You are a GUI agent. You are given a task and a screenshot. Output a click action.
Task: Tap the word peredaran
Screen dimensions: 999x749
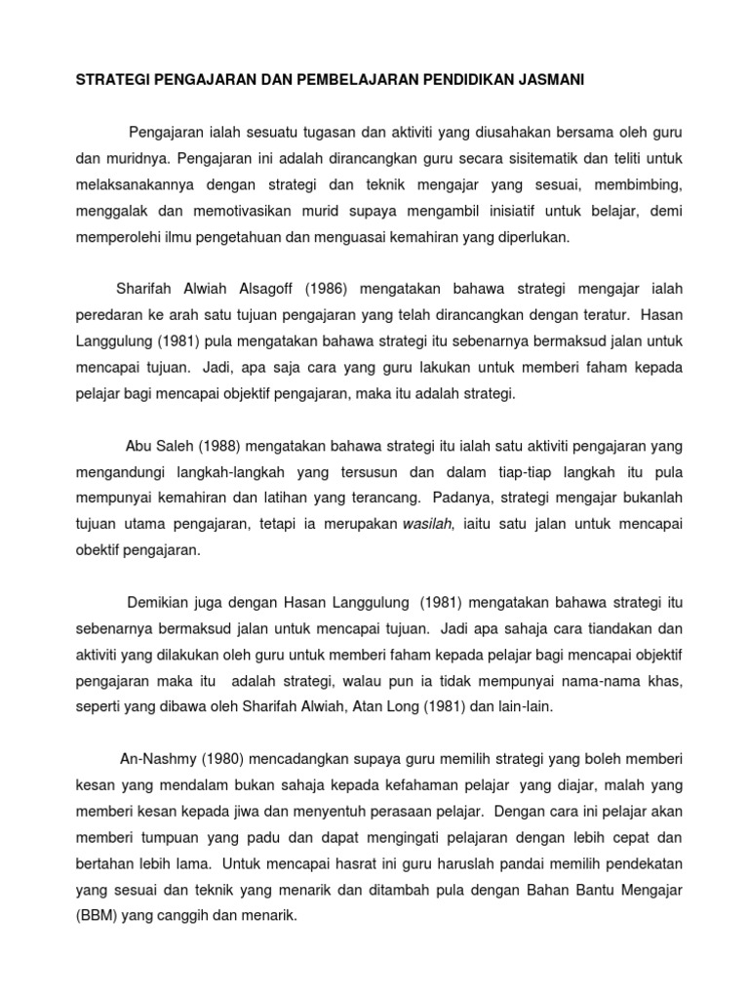pos(108,314)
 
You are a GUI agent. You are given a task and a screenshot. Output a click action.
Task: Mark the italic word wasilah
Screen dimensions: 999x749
pos(427,525)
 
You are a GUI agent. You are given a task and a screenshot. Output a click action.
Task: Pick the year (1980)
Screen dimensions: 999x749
pos(217,758)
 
